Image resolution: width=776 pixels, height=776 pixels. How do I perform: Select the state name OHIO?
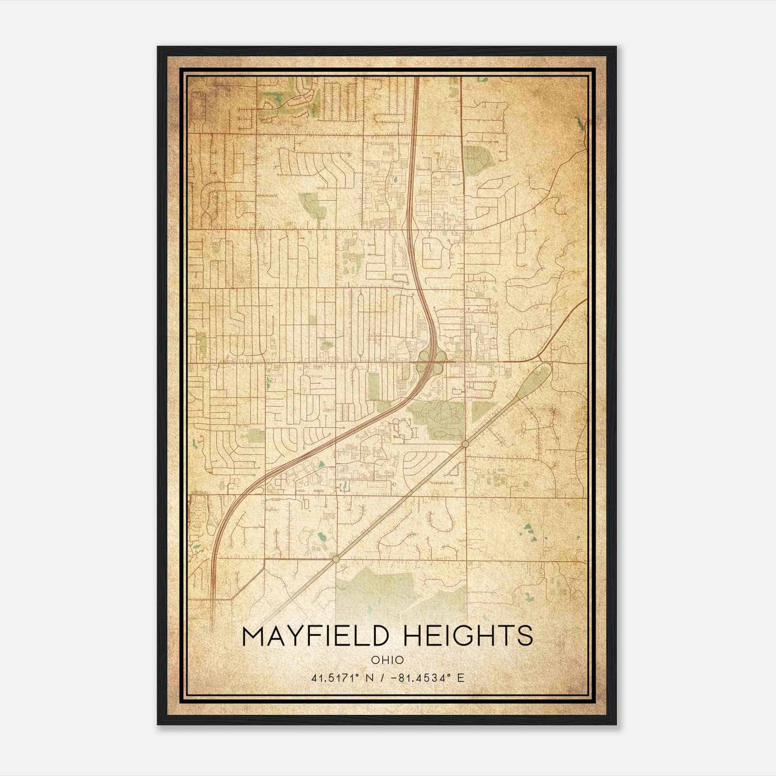click(x=387, y=660)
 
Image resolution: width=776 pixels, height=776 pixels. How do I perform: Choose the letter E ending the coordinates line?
click(x=461, y=678)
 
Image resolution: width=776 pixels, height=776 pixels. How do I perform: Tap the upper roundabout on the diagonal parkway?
click(x=465, y=444)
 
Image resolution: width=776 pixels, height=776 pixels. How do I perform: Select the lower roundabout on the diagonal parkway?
click(x=336, y=559)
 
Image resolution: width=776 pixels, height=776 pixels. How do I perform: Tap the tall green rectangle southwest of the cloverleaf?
click(x=373, y=386)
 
